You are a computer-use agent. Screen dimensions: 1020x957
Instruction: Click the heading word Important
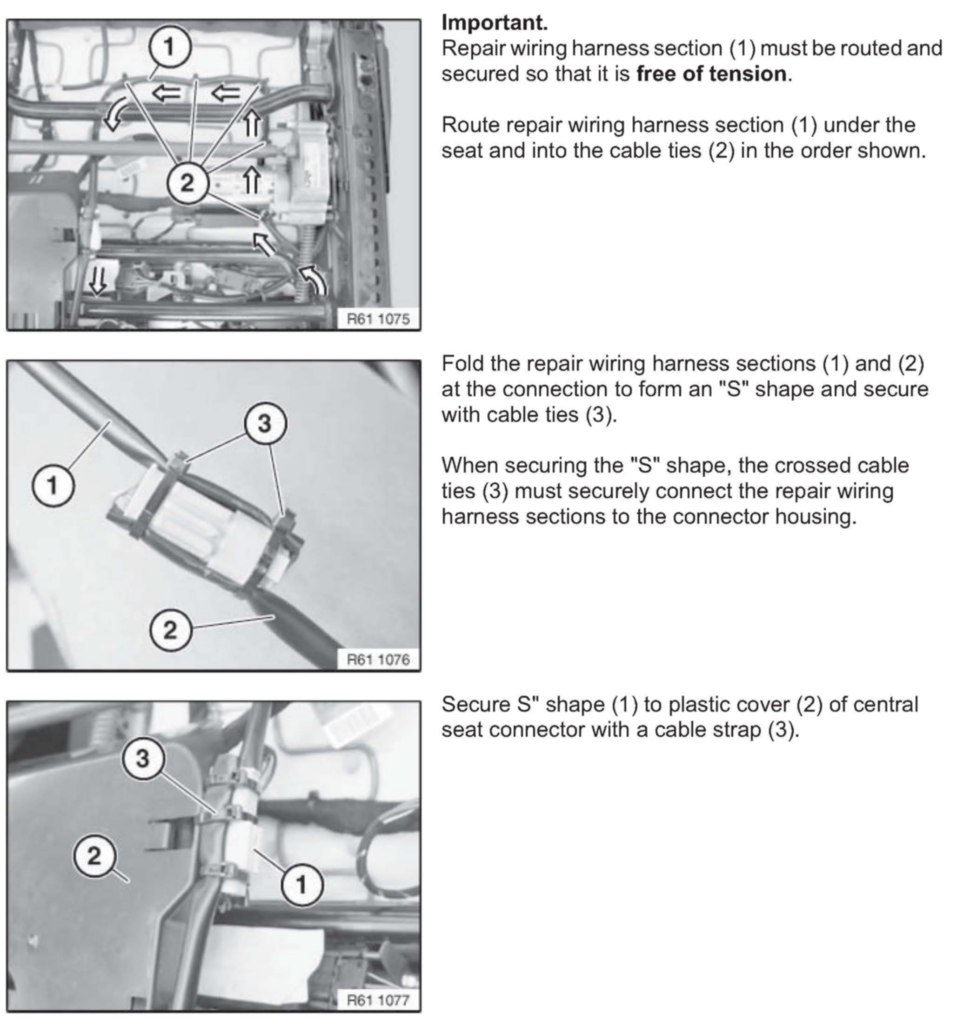pos(495,23)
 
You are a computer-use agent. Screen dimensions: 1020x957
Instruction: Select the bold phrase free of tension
pos(711,74)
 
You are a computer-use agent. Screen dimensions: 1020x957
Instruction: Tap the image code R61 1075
pos(378,319)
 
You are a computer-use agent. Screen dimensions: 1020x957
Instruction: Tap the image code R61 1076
pos(378,660)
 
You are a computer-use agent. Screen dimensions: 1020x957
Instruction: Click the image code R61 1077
pos(378,1000)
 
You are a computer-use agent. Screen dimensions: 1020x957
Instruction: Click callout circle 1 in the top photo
pos(170,47)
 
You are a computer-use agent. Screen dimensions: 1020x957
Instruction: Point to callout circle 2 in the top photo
pos(188,182)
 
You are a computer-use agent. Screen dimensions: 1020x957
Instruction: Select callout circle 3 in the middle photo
pos(264,424)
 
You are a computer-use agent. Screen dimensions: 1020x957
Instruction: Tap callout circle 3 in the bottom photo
pos(143,758)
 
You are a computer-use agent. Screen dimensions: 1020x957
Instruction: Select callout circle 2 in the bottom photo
pos(94,856)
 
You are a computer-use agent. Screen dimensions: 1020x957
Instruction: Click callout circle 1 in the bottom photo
pos(302,885)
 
